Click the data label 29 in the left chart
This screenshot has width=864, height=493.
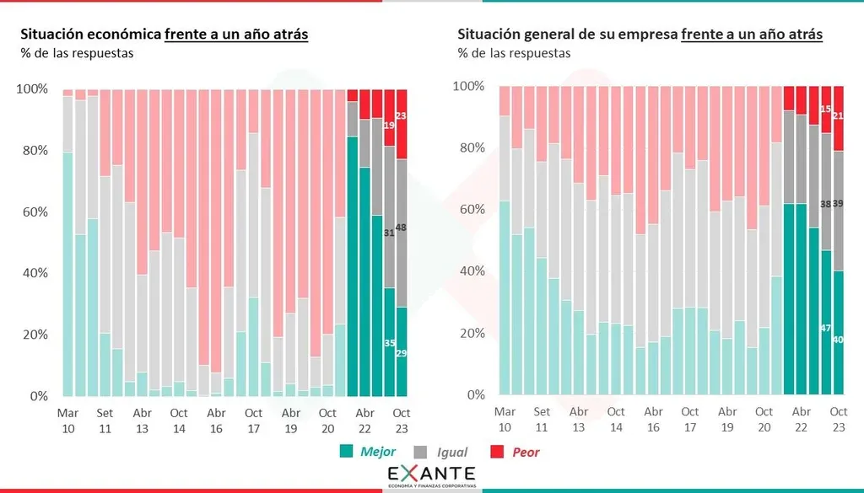tap(402, 353)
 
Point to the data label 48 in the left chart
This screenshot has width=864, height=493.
tap(402, 228)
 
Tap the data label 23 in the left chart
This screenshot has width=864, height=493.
tap(402, 116)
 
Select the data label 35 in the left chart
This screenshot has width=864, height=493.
tap(389, 343)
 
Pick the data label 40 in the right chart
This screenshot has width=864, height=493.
tap(839, 340)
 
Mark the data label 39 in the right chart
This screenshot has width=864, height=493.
tap(839, 205)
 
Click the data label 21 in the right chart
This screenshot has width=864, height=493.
tap(839, 115)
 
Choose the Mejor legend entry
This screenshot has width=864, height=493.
tap(368, 453)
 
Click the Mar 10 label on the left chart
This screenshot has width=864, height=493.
tap(67, 421)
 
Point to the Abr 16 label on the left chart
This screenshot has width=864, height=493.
tap(216, 421)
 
